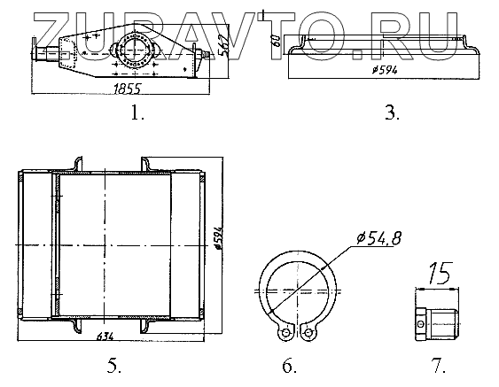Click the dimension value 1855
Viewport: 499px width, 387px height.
click(127, 89)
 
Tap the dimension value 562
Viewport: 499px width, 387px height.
click(224, 44)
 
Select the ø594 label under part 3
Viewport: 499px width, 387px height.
click(385, 70)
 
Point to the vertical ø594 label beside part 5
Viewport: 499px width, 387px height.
click(218, 238)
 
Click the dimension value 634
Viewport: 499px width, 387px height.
click(105, 337)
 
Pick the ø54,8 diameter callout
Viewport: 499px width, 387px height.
click(379, 238)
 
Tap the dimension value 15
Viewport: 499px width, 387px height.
click(441, 274)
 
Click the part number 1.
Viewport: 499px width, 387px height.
click(137, 112)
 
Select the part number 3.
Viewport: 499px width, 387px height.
click(392, 112)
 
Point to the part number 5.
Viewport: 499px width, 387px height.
click(114, 366)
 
